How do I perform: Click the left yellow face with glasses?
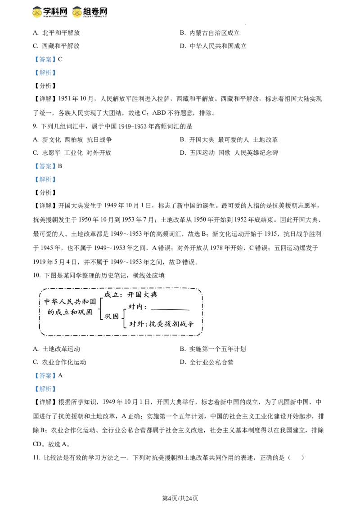tap(38, 12)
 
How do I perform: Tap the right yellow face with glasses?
tap(77, 12)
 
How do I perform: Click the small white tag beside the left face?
tap(30, 13)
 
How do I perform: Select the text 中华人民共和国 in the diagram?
tap(70, 301)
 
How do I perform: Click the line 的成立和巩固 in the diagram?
tap(70, 312)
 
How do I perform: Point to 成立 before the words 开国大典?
tap(110, 295)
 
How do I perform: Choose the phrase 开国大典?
tap(142, 295)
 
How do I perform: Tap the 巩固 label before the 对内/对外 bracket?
tap(112, 316)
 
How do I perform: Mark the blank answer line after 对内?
tap(170, 309)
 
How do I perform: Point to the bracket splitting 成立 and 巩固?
tap(101, 306)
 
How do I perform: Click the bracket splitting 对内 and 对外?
tap(124, 316)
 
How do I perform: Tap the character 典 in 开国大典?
tap(153, 295)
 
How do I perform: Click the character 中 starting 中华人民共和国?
tap(47, 301)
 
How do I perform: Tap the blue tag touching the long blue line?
tap(45, 388)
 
